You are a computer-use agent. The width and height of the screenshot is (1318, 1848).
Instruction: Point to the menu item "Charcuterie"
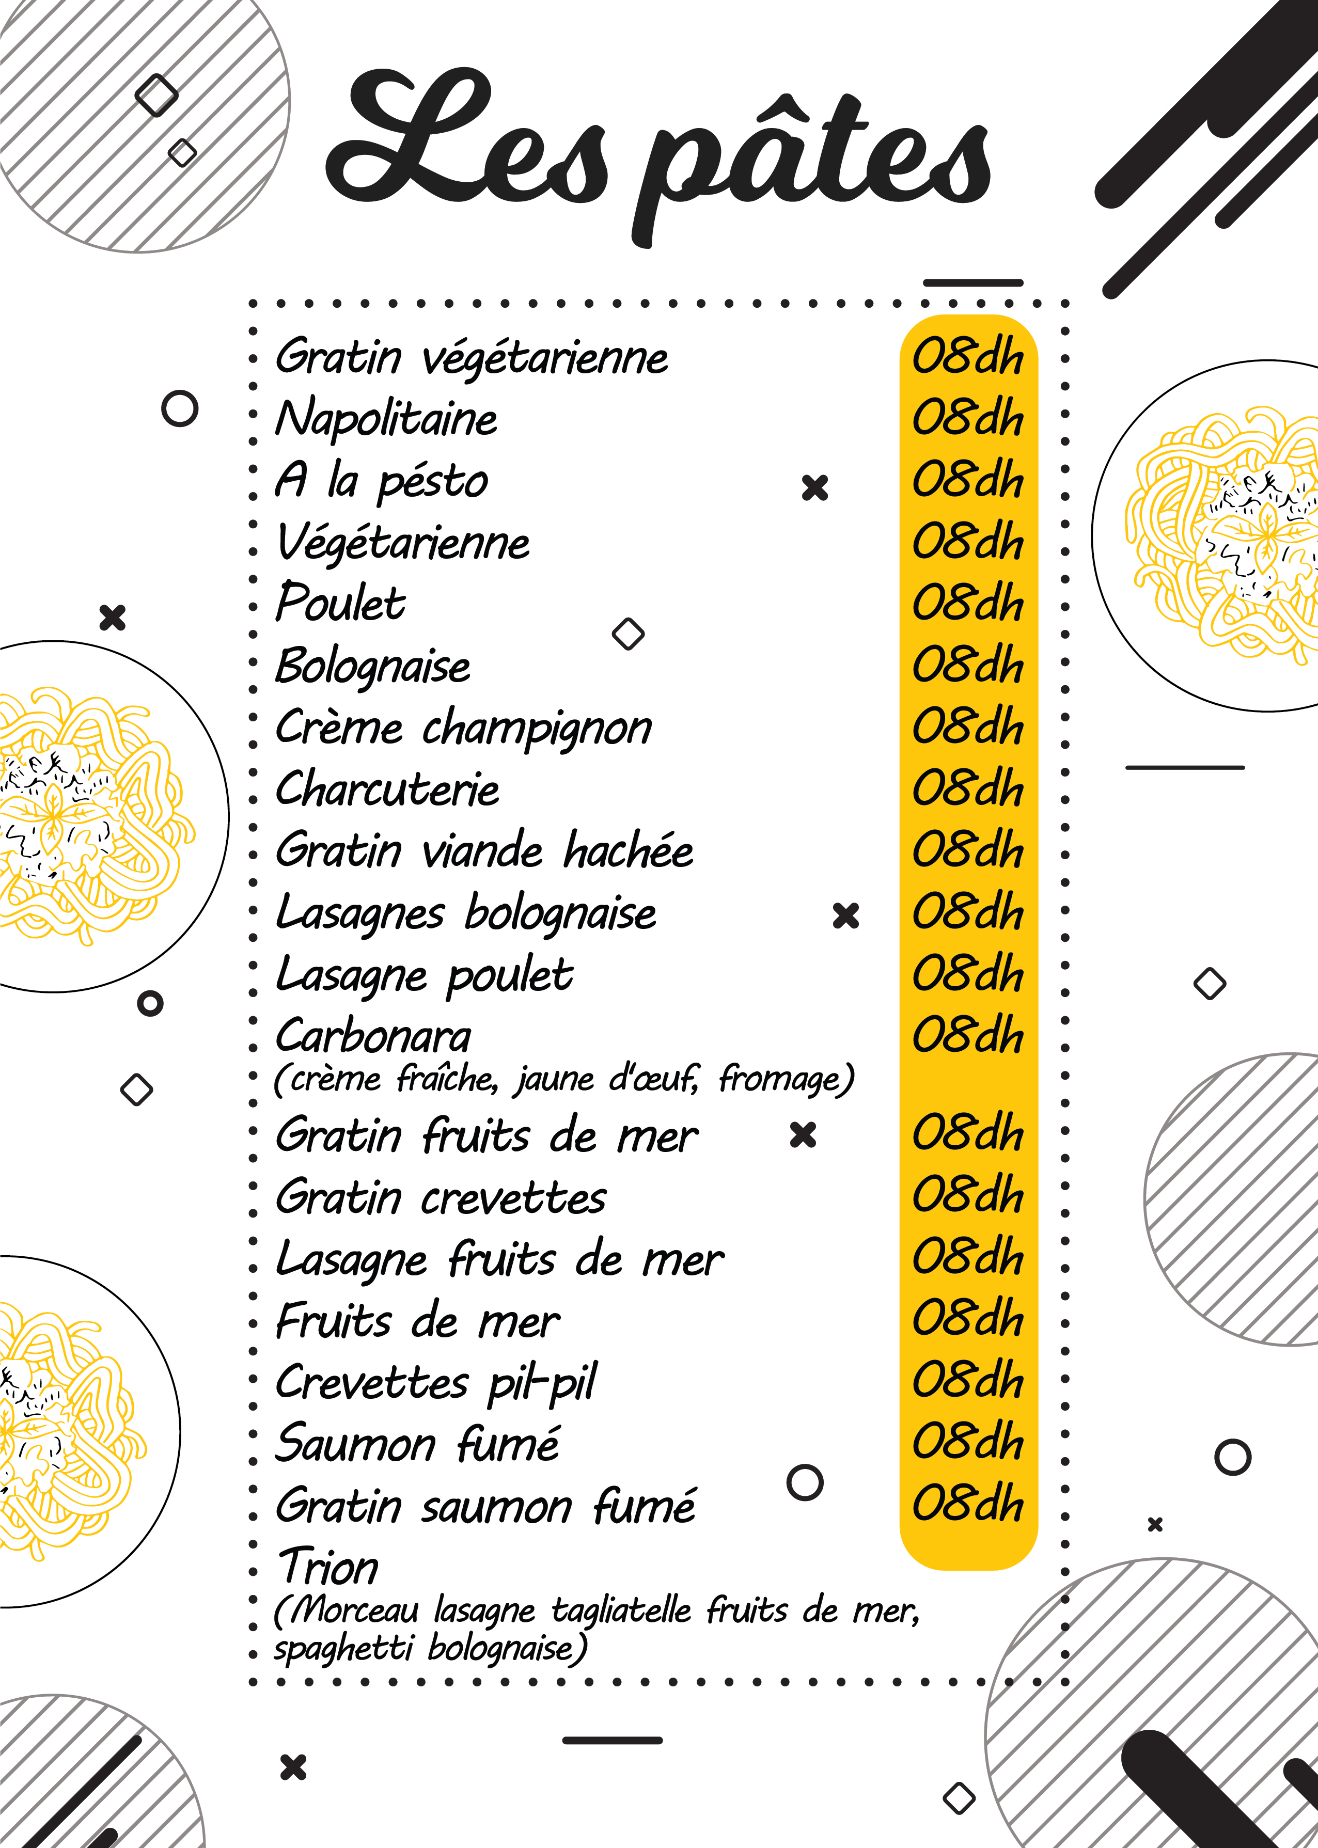(387, 790)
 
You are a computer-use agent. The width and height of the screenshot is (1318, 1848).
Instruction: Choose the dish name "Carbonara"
(373, 1037)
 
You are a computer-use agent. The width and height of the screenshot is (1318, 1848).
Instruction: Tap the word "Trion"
(328, 1567)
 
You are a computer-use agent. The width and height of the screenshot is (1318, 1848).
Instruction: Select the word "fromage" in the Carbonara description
(786, 1080)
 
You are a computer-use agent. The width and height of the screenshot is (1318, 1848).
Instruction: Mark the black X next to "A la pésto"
(815, 487)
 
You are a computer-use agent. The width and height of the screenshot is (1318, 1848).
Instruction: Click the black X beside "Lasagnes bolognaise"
(845, 916)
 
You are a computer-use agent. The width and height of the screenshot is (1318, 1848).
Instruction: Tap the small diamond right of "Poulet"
(628, 634)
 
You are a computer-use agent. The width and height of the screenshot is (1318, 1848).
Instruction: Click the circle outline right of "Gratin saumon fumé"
(805, 1482)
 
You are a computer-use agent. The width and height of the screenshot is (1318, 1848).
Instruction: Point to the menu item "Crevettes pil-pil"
(436, 1382)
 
